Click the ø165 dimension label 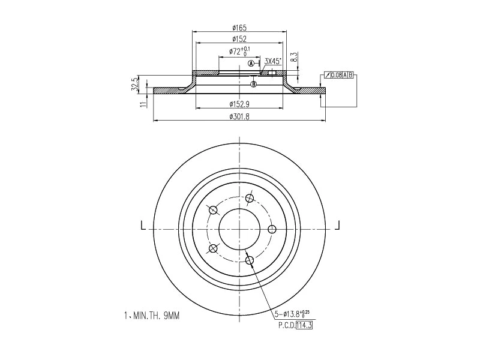click(239, 28)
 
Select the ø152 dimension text click(239, 39)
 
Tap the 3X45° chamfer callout click(273, 61)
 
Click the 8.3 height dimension click(293, 58)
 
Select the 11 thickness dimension click(143, 104)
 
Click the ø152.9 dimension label click(239, 104)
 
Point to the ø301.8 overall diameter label click(239, 116)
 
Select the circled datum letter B click(254, 84)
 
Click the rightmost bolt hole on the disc click(272, 229)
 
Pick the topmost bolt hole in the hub click(250, 199)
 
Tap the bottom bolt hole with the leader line click(250, 260)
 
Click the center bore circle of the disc click(239, 229)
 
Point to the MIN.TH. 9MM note click(151, 314)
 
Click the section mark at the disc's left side click(143, 226)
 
